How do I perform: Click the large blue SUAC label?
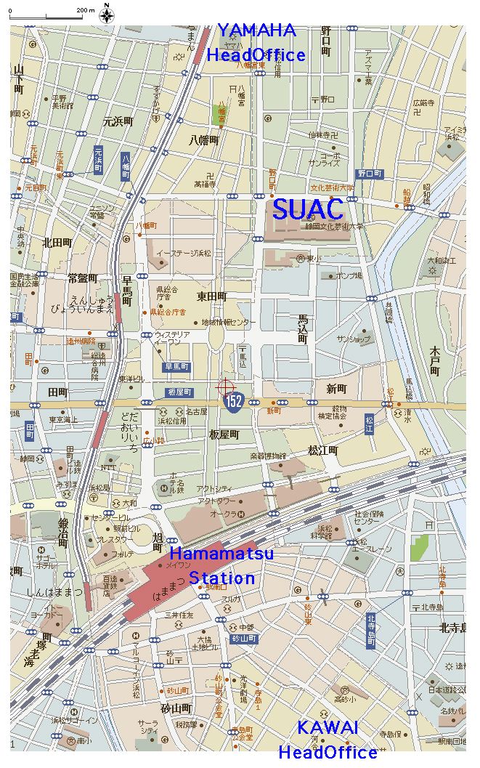click(x=307, y=209)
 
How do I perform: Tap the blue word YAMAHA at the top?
click(x=257, y=31)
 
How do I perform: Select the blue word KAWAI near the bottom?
click(x=328, y=727)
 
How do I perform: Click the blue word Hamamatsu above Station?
click(x=221, y=554)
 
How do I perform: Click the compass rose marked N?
click(x=107, y=14)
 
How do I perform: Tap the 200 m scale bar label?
click(x=86, y=10)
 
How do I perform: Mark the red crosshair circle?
click(x=225, y=387)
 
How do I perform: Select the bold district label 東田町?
click(x=211, y=296)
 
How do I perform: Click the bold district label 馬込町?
click(x=303, y=329)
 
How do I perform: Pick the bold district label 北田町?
click(x=57, y=242)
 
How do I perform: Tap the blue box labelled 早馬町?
click(x=176, y=367)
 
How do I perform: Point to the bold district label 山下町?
click(x=19, y=78)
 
